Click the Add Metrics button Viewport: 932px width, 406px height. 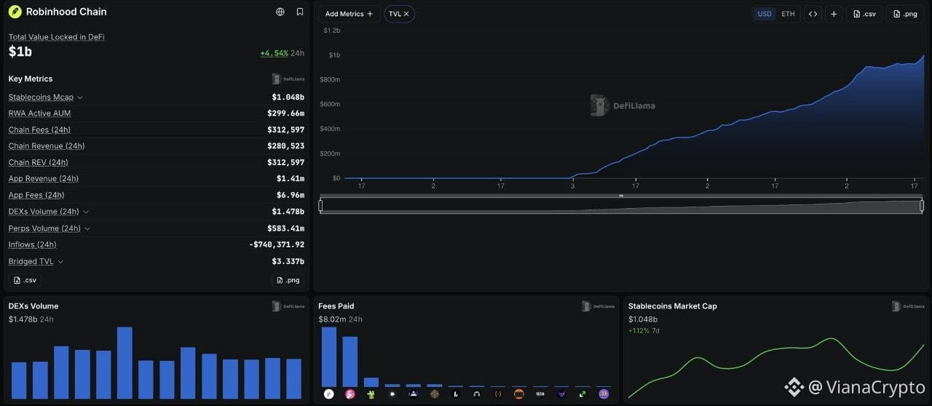[x=349, y=14]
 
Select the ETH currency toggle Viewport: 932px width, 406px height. [x=788, y=14]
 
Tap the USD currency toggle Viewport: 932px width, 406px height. [x=765, y=14]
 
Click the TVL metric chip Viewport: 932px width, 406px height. [x=399, y=14]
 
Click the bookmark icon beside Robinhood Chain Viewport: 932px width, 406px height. [x=299, y=12]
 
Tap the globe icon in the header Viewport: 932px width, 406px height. [x=280, y=12]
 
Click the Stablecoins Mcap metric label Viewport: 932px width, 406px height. [x=41, y=97]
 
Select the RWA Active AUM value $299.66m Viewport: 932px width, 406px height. [x=285, y=114]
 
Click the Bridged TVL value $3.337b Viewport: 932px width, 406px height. [x=288, y=261]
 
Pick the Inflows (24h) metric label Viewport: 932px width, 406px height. [x=32, y=244]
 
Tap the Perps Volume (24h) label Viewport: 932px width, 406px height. [x=44, y=228]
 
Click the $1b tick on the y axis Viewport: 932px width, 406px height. [x=334, y=55]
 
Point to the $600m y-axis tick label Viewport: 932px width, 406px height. [x=330, y=104]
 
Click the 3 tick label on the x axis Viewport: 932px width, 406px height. [x=572, y=186]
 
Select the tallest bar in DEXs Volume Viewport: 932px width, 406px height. [x=125, y=363]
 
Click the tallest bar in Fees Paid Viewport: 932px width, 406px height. [x=329, y=357]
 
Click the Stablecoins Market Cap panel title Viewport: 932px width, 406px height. [x=672, y=306]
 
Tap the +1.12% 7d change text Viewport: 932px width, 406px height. [x=644, y=331]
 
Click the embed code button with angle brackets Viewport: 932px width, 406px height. [x=813, y=14]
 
